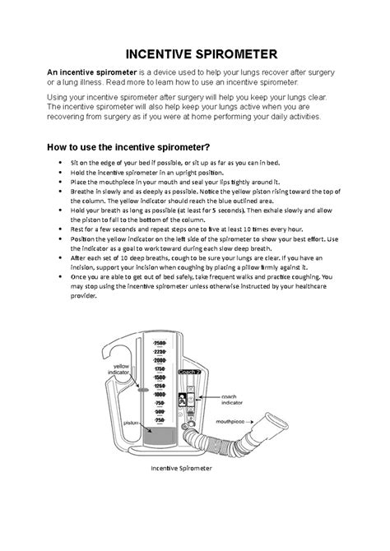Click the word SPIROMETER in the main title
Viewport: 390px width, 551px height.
[230, 54]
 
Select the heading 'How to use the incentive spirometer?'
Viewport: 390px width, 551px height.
[123, 147]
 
